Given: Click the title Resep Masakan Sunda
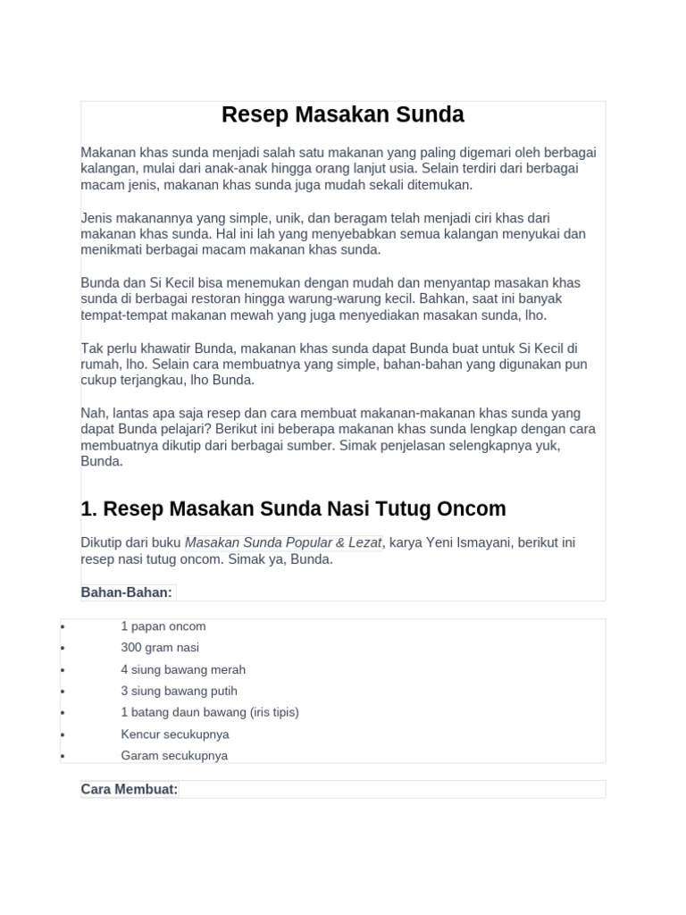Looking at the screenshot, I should click(x=343, y=115).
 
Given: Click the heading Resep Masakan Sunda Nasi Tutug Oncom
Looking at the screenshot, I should click(x=293, y=509).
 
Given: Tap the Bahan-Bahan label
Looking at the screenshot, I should click(x=127, y=592).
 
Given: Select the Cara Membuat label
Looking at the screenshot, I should click(x=130, y=789).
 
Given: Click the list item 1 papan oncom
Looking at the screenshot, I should click(x=163, y=626).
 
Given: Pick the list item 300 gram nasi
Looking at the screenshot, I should click(x=160, y=648).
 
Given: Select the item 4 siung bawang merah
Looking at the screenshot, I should click(x=183, y=669).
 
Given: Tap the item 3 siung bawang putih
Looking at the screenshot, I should click(x=180, y=691).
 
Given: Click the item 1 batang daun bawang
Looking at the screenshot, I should click(x=210, y=712).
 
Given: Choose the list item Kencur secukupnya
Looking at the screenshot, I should click(x=175, y=734).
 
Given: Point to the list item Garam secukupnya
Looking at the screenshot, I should click(x=174, y=755).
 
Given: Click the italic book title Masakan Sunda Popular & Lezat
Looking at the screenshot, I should click(x=284, y=543).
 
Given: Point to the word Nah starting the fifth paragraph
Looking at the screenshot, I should click(x=93, y=414).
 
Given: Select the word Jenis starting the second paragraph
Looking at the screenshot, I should click(x=97, y=218).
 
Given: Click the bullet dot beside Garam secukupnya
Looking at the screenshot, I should click(x=63, y=757).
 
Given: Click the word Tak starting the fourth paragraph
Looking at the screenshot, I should click(x=92, y=348).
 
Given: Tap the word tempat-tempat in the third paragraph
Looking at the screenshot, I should click(x=120, y=315).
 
